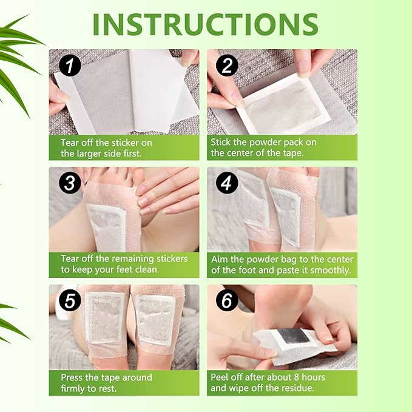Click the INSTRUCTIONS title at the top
(206, 24)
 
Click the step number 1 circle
(70, 65)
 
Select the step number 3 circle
(70, 183)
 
